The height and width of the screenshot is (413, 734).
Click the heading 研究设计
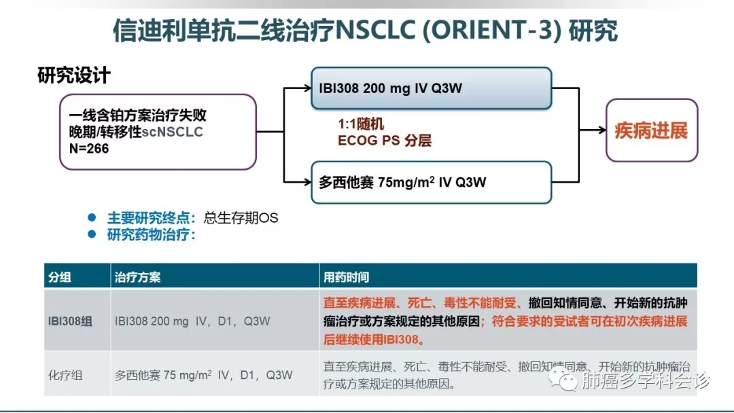click(74, 75)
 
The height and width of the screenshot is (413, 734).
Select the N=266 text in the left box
click(88, 149)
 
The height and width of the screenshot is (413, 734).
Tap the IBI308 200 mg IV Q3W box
click(431, 88)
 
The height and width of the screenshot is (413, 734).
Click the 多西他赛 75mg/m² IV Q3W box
click(431, 182)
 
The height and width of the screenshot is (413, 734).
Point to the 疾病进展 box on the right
click(651, 130)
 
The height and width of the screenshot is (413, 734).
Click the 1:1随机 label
click(361, 124)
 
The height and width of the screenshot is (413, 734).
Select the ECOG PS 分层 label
click(385, 141)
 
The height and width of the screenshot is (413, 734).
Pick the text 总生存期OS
click(241, 218)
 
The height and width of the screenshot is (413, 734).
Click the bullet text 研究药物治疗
click(151, 235)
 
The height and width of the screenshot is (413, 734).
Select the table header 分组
click(60, 277)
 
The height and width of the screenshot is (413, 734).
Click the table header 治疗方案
click(138, 277)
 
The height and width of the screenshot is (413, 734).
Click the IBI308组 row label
click(70, 321)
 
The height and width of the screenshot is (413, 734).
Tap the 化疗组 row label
click(65, 374)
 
